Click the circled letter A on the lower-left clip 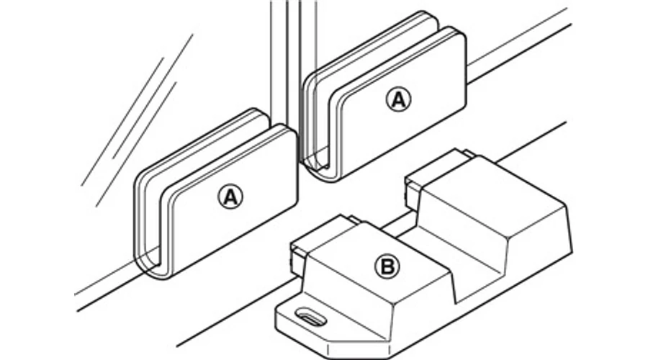[x=230, y=197]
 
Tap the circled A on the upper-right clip [x=398, y=99]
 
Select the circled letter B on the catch [x=387, y=266]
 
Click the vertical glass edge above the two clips [x=294, y=58]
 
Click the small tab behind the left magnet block [x=354, y=219]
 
